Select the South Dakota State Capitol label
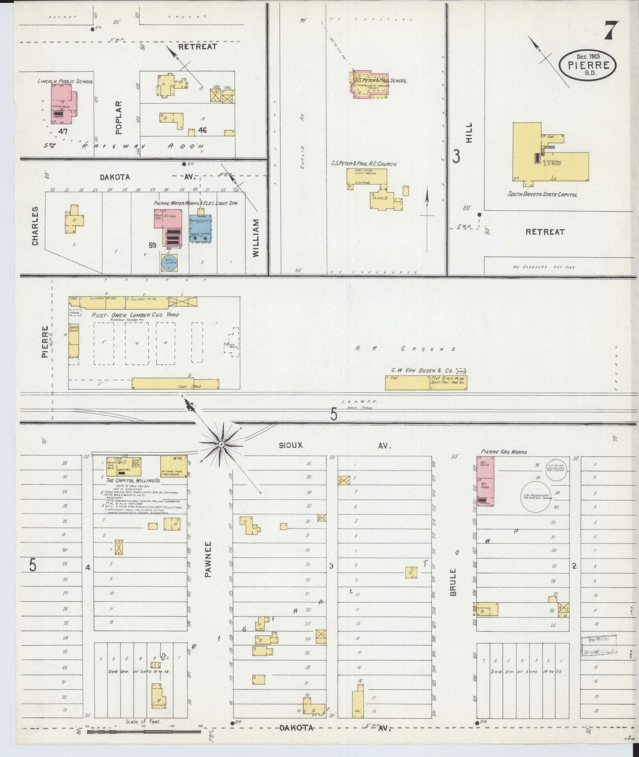point(542,194)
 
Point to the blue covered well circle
point(169,262)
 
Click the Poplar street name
point(119,114)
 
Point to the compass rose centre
point(221,444)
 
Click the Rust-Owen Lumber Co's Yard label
point(135,315)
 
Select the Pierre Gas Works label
point(504,452)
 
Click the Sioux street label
point(292,445)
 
